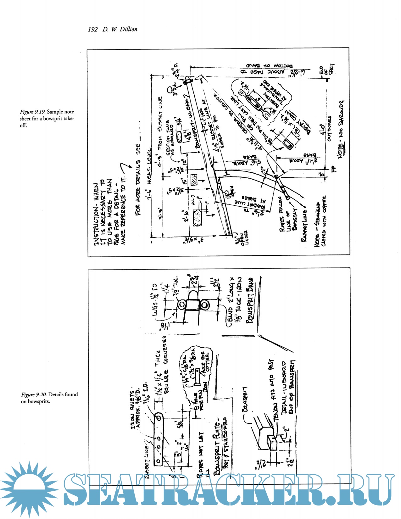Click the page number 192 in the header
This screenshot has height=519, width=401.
pos(93,30)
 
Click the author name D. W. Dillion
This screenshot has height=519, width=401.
pos(120,29)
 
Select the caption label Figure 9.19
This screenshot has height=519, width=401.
pos(33,112)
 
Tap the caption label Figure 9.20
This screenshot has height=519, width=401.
pos(34,394)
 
